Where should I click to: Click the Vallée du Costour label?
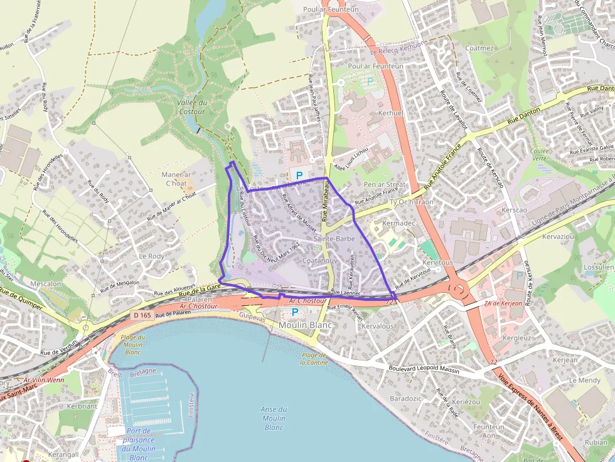[x=192, y=107]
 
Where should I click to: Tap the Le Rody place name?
[x=151, y=256]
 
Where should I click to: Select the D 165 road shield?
[x=142, y=315]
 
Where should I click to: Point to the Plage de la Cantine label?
[x=313, y=359]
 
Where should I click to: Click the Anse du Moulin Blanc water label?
[x=274, y=418]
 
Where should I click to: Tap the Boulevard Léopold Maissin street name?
[x=424, y=370]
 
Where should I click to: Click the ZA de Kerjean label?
[x=503, y=303]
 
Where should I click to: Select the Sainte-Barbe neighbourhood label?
[x=334, y=239]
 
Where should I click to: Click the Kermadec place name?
[x=399, y=224]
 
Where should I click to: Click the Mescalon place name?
[x=46, y=283]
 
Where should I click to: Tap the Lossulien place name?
[x=598, y=266]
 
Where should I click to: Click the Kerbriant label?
[x=82, y=406]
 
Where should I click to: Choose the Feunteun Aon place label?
[x=489, y=431]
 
